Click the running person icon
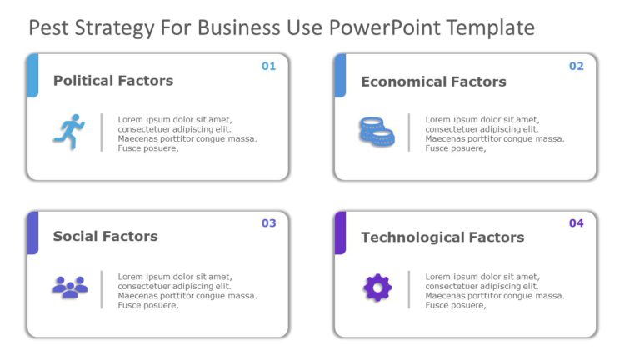69,132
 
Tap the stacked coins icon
377,132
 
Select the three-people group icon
69,287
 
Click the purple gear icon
377,287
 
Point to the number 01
268,67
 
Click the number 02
576,67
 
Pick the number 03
268,223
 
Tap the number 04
576,223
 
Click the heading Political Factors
113,81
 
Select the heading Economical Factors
433,82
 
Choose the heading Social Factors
105,237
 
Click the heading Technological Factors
442,237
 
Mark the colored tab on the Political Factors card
32,76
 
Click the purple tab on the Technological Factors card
340,232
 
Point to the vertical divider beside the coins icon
408,132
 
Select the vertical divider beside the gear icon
408,289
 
